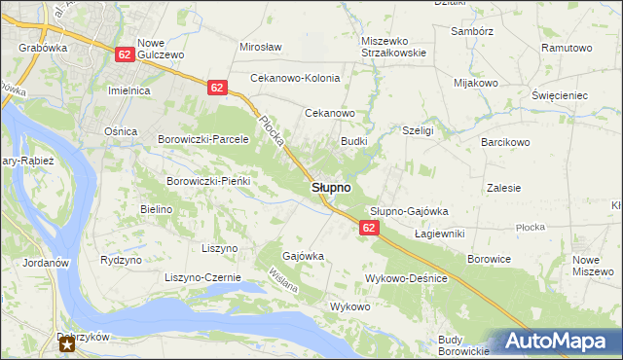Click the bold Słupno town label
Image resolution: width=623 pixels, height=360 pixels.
(331, 187)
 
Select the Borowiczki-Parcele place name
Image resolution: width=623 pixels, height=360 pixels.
(204, 139)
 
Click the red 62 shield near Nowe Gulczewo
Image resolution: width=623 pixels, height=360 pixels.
(124, 55)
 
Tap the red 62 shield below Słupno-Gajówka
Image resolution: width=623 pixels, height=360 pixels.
(368, 228)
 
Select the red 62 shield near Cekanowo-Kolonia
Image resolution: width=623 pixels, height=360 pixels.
(217, 88)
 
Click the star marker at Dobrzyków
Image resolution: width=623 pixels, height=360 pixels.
(67, 343)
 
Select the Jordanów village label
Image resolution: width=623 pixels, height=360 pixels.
(42, 263)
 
